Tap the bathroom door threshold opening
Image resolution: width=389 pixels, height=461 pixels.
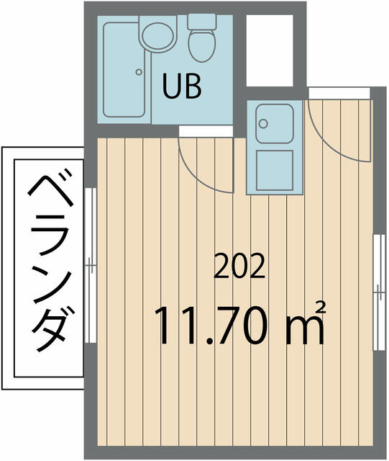[206, 131]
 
